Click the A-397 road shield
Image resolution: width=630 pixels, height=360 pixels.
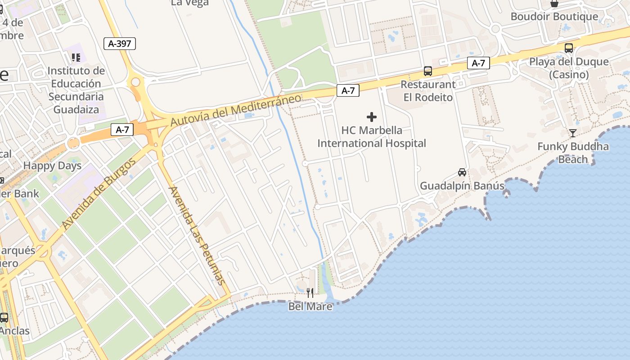click(119, 44)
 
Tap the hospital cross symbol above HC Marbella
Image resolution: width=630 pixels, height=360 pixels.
click(372, 117)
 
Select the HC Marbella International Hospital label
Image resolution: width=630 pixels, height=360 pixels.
click(372, 137)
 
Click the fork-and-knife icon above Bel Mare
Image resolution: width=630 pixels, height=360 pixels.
click(310, 293)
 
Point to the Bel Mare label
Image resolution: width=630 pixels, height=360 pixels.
click(310, 307)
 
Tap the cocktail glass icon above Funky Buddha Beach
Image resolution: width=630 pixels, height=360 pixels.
click(572, 133)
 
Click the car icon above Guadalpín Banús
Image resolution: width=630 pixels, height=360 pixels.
click(462, 172)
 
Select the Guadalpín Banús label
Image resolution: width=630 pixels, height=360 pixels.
click(462, 186)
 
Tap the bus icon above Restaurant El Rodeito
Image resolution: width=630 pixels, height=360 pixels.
click(428, 71)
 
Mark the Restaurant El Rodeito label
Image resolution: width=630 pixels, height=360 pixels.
click(428, 91)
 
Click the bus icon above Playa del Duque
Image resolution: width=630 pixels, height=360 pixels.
click(569, 48)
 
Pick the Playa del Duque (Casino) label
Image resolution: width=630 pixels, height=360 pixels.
click(569, 68)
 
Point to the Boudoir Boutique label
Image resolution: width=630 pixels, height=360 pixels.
click(554, 17)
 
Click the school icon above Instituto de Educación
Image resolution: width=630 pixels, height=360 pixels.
click(76, 57)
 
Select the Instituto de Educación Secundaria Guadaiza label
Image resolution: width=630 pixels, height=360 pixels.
click(76, 90)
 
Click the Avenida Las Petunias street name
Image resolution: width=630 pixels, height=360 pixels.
click(197, 235)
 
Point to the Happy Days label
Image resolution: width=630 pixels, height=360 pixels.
click(53, 166)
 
